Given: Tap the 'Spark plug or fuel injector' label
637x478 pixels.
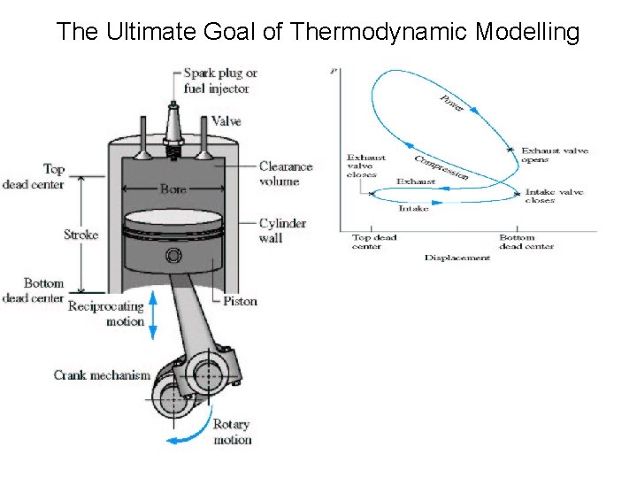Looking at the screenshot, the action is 220,80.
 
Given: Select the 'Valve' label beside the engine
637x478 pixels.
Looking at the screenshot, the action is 226,121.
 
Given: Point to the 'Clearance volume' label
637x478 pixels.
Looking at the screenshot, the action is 285,173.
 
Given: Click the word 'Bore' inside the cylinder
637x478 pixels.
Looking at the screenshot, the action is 173,189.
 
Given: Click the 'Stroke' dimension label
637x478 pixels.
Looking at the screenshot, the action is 81,235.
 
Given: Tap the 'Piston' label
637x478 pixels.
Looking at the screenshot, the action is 241,301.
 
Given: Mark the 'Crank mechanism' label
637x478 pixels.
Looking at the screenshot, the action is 102,375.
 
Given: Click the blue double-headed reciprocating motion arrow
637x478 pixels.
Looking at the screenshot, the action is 152,316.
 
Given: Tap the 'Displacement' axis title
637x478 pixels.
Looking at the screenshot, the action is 457,258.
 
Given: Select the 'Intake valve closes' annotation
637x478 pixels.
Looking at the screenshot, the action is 552,196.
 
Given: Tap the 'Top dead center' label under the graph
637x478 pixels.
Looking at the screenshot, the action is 374,242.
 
